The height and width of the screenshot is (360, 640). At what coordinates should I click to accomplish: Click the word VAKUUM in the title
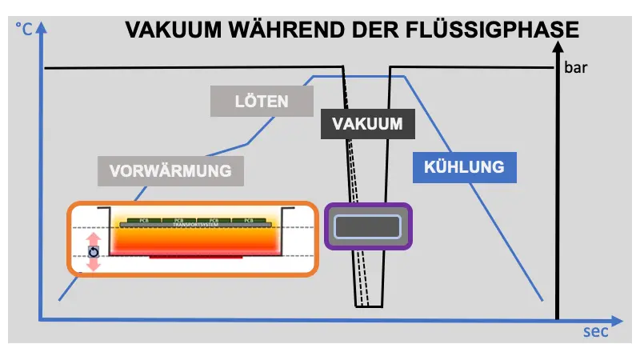(x=168, y=30)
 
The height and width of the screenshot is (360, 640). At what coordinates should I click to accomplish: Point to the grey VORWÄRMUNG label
(x=170, y=170)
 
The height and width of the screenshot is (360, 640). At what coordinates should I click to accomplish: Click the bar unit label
(x=577, y=68)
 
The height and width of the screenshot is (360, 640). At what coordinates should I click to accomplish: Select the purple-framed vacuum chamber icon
(x=368, y=226)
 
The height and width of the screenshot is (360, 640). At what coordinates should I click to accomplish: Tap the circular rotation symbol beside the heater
(x=94, y=251)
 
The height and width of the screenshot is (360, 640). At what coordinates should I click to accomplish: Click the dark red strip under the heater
(x=190, y=258)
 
